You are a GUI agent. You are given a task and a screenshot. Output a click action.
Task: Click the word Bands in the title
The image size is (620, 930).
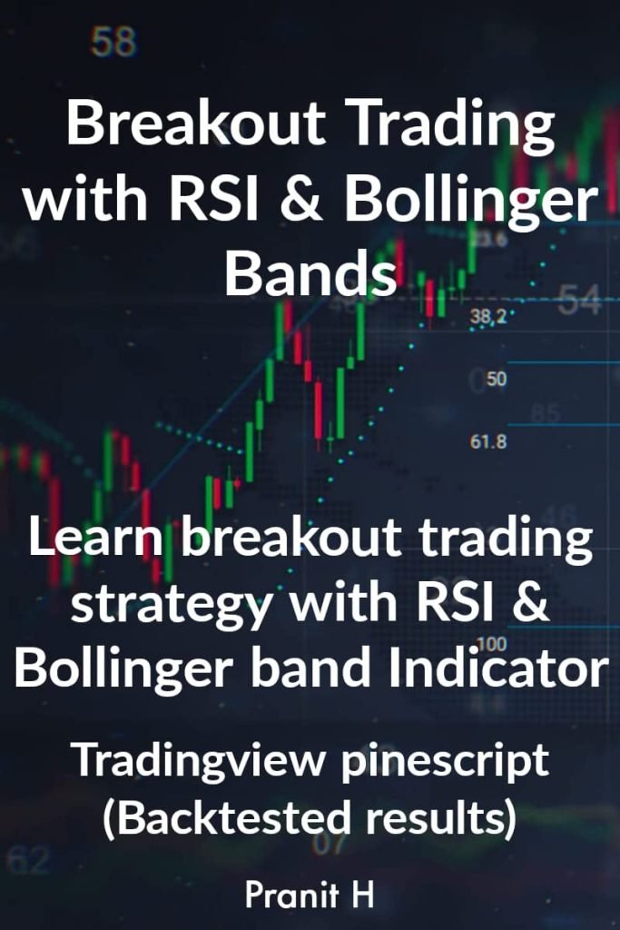click(x=310, y=272)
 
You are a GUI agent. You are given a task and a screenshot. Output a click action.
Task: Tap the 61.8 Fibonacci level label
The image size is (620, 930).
click(x=488, y=442)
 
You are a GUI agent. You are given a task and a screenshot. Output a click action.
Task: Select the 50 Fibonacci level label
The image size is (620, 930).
click(x=497, y=379)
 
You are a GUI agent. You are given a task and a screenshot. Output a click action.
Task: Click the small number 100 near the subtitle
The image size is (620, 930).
click(x=516, y=643)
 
